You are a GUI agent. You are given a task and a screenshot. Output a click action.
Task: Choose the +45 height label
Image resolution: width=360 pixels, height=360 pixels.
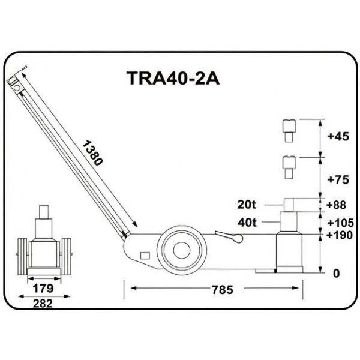338,136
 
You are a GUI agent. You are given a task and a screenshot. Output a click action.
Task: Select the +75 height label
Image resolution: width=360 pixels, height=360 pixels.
338,179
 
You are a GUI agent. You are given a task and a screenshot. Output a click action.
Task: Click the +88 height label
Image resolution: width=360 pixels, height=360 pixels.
337,205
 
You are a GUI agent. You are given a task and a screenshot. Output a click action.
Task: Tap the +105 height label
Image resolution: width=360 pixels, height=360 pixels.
339,221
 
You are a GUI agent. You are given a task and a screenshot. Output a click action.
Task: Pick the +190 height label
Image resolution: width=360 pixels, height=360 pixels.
339,235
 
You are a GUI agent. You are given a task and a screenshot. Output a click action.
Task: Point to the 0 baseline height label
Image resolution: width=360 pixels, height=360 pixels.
336,273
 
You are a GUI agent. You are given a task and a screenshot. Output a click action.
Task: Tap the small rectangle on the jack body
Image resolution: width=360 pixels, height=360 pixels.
144,256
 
